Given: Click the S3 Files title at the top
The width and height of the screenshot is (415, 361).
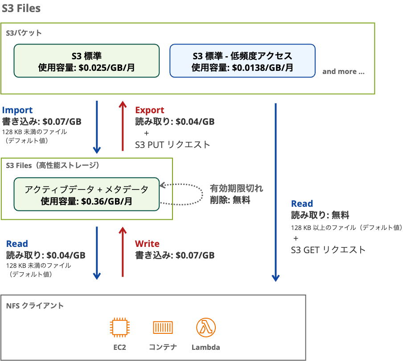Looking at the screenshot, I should pyautogui.click(x=21, y=8).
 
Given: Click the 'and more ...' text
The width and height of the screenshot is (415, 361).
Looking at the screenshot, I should pyautogui.click(x=343, y=71).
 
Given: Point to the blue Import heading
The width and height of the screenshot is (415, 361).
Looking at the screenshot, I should pyautogui.click(x=17, y=110).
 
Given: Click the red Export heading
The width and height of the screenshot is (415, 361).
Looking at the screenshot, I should pyautogui.click(x=150, y=110).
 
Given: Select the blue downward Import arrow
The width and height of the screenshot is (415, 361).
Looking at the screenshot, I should pyautogui.click(x=97, y=127).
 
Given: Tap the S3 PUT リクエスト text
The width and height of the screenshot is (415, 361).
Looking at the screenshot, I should pyautogui.click(x=173, y=144).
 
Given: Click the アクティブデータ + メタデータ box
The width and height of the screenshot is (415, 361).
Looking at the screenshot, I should pyautogui.click(x=86, y=195).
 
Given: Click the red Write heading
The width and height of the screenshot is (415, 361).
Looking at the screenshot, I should pyautogui.click(x=147, y=244).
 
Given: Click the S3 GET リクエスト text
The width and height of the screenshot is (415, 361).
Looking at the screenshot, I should pyautogui.click(x=328, y=250).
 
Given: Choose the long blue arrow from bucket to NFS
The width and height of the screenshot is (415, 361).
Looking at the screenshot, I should pyautogui.click(x=275, y=192).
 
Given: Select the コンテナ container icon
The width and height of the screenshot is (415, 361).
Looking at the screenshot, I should pyautogui.click(x=163, y=329).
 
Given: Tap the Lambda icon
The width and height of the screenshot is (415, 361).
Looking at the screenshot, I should pyautogui.click(x=206, y=329).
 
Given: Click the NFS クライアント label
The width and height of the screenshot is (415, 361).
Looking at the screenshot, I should pyautogui.click(x=35, y=306).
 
